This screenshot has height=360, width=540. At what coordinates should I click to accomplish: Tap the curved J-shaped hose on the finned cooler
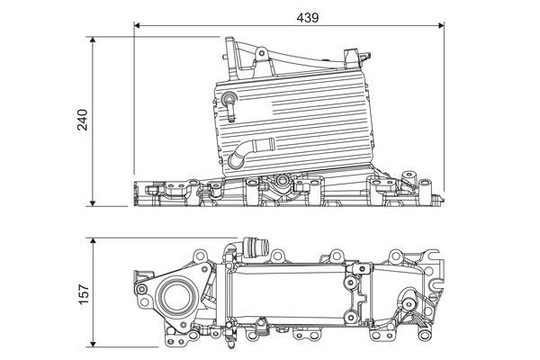click(x=245, y=153)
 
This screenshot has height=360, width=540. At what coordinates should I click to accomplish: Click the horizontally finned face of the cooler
click(x=306, y=121)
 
